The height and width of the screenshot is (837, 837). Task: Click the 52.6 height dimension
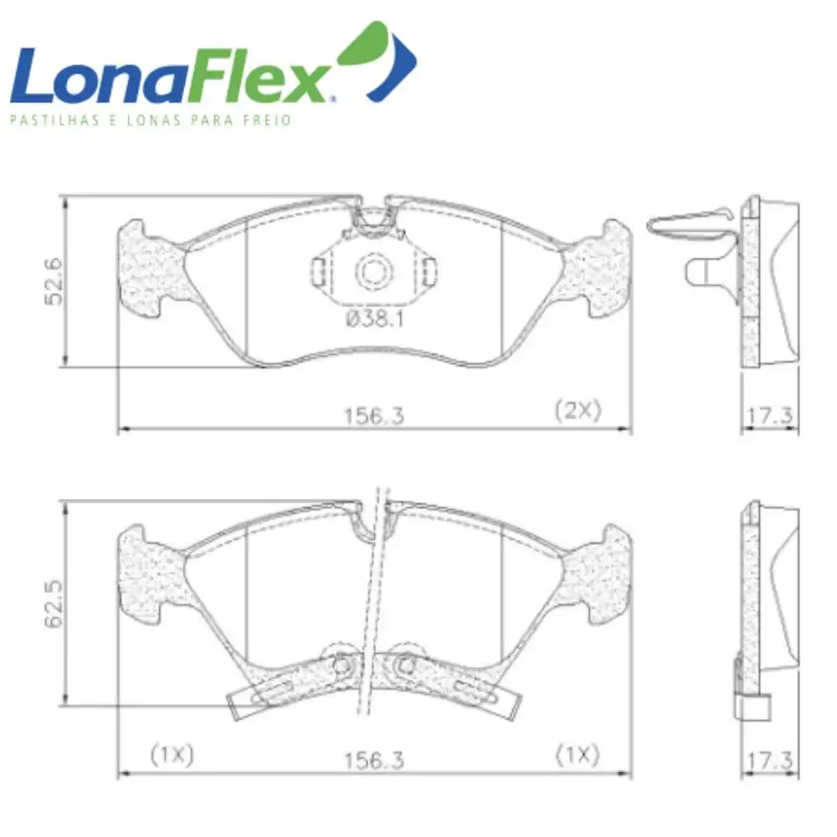point(54,282)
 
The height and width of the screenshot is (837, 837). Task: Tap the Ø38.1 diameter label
point(375,319)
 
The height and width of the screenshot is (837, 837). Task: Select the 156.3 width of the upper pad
point(374,416)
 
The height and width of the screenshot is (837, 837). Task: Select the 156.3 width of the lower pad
point(374,760)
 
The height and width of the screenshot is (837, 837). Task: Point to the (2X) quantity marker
point(578,410)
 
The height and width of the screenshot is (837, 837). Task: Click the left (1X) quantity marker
point(172,755)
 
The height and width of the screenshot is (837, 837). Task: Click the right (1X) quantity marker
point(578,755)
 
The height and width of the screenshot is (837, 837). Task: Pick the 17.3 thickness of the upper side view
point(770,415)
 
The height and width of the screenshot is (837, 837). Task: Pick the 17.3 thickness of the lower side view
point(770,760)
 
